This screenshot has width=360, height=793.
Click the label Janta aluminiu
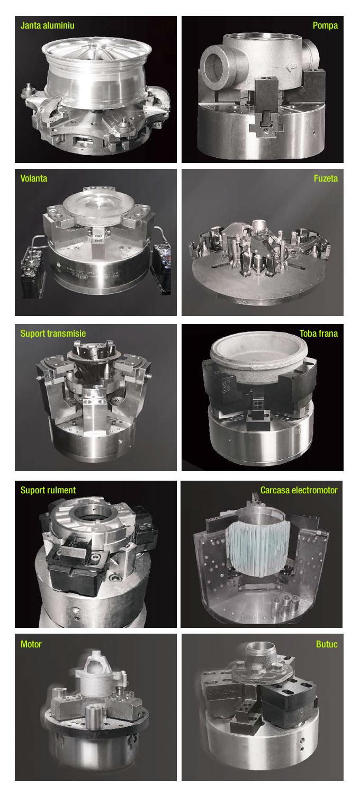(51, 25)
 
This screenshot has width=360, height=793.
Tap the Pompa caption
(325, 25)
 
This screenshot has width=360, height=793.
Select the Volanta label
(34, 178)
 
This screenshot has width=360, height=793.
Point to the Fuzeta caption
(325, 178)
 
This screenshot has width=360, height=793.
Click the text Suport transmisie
(53, 334)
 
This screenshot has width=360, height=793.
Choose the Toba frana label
(318, 334)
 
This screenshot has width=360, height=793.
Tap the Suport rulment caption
(48, 490)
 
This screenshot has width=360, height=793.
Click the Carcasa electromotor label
(299, 490)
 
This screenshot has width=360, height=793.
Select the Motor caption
(31, 644)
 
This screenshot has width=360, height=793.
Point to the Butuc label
(327, 644)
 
